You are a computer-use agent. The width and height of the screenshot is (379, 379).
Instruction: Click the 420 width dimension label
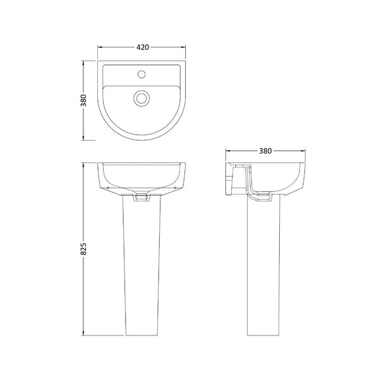point(142,47)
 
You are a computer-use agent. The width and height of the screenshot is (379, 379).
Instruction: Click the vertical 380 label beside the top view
point(83,100)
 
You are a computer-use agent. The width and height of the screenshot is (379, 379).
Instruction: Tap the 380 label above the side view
point(265,151)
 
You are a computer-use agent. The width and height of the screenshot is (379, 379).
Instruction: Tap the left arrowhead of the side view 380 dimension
point(229,151)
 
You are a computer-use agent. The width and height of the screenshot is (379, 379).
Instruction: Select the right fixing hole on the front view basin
point(176,187)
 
